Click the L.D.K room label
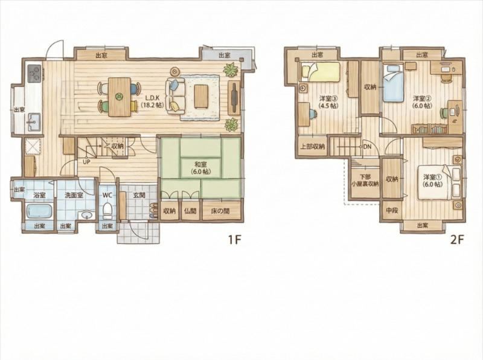tap(152, 101)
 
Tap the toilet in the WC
tap(107, 210)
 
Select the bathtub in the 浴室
tap(39, 212)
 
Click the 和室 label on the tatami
tap(200, 168)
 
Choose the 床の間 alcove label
tap(220, 211)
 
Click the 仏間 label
tap(190, 211)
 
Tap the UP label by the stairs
tap(86, 162)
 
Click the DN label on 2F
tap(367, 147)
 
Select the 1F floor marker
tap(234, 239)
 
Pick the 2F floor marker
tap(457, 239)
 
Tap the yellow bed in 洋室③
tap(321, 71)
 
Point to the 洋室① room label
tap(433, 181)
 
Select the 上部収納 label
tap(313, 147)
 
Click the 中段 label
tap(392, 211)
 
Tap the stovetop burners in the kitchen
tap(34, 73)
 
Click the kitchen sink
tap(34, 123)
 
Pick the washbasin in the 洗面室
tap(86, 215)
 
